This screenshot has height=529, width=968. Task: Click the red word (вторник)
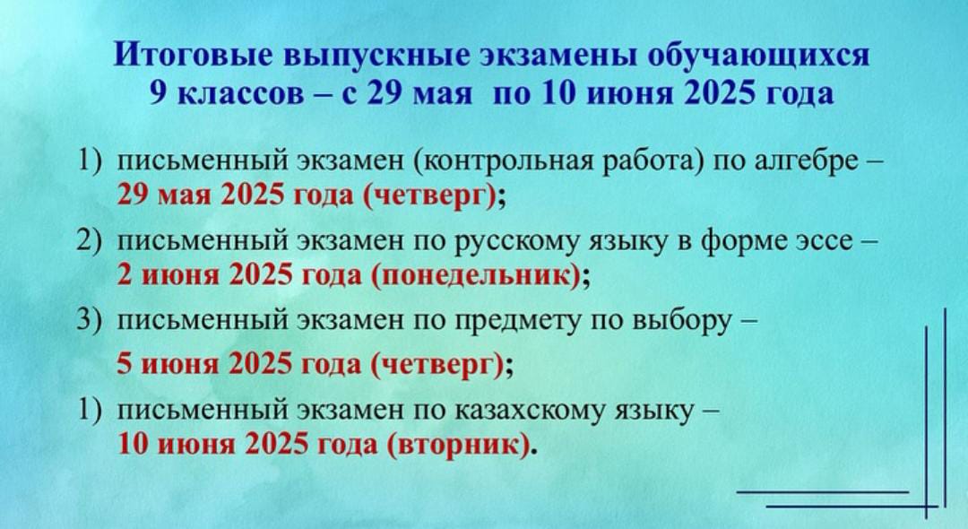[459, 445]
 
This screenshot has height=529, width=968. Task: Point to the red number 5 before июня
[125, 364]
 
